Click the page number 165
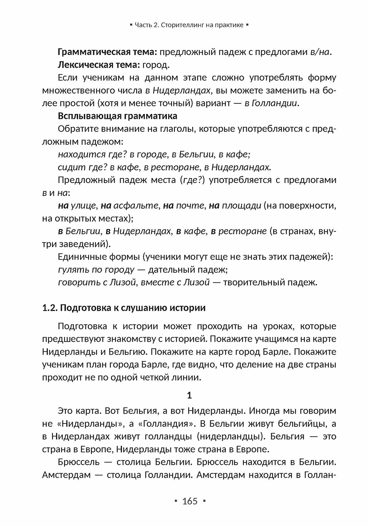click(x=190, y=501)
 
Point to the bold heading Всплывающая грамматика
click(x=117, y=116)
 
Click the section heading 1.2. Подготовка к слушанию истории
click(x=124, y=308)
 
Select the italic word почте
click(x=190, y=205)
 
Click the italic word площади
click(x=241, y=205)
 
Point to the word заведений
click(x=84, y=244)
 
